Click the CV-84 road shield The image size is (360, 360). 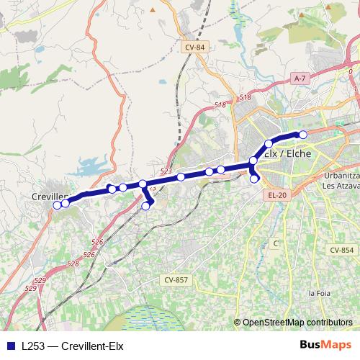point(194,47)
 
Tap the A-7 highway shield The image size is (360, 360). point(300,77)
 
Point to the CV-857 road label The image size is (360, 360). point(176,279)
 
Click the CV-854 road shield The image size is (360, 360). point(342,250)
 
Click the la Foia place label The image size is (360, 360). point(319,293)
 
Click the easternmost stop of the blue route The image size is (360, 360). point(303,135)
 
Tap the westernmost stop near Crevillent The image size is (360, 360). point(57,204)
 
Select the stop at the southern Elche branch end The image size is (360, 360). point(254,179)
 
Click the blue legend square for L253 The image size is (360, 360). point(10,346)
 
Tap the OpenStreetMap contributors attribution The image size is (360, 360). point(297,323)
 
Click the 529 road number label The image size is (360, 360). point(40,279)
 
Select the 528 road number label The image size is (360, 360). point(73,264)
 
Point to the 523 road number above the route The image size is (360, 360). point(166,171)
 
